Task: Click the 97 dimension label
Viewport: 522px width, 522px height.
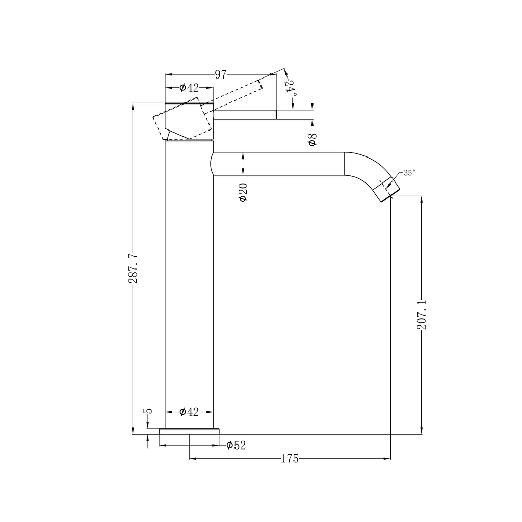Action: pyautogui.click(x=220, y=74)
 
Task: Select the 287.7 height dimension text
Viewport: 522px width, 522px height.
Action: pyautogui.click(x=133, y=268)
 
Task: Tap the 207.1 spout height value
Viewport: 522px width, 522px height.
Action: pyautogui.click(x=422, y=314)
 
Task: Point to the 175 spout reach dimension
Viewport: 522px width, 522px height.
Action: pyautogui.click(x=290, y=459)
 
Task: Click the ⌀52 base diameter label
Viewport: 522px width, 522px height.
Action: pyautogui.click(x=236, y=445)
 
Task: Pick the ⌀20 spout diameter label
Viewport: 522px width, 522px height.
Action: pyautogui.click(x=243, y=192)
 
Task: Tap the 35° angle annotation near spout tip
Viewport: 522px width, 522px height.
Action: pyautogui.click(x=409, y=173)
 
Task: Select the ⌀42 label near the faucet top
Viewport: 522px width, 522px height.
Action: pyautogui.click(x=189, y=88)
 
